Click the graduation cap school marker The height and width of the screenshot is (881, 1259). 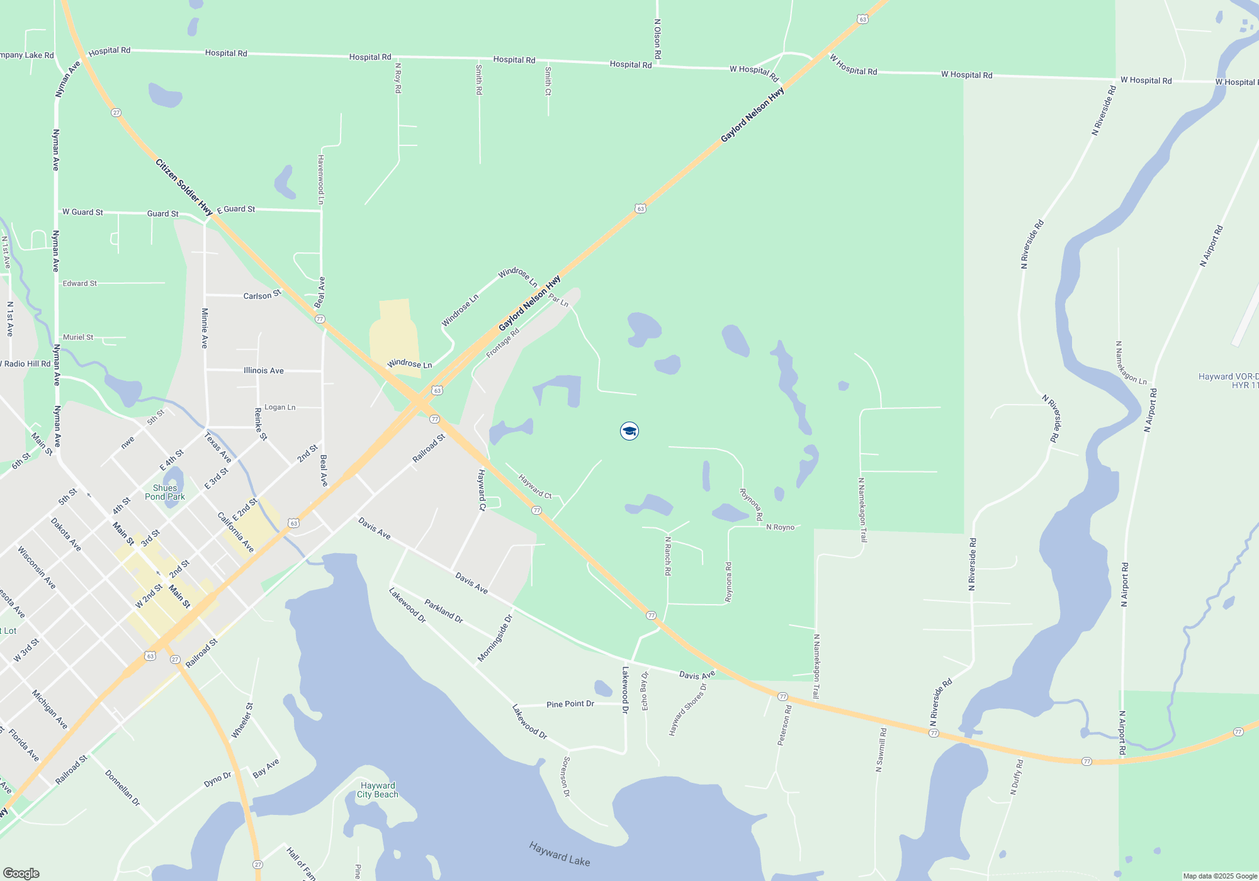[x=629, y=431]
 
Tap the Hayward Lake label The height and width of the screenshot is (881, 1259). [x=560, y=854]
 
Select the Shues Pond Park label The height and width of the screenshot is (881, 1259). [x=165, y=492]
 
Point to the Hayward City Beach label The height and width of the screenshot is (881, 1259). [x=378, y=790]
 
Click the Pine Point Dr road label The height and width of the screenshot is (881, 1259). [x=570, y=704]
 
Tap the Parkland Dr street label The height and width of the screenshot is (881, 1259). [x=444, y=611]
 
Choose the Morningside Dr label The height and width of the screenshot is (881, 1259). [x=495, y=638]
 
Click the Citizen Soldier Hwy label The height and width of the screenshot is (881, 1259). [x=184, y=188]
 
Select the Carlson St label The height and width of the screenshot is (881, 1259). [x=262, y=295]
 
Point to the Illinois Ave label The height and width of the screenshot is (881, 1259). [x=264, y=371]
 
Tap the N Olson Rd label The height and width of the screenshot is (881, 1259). [x=657, y=39]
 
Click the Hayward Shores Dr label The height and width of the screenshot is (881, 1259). [x=687, y=709]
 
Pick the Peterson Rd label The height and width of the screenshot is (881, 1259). [x=784, y=725]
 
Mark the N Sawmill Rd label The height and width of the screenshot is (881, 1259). [x=881, y=750]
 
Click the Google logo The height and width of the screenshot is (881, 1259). [x=21, y=873]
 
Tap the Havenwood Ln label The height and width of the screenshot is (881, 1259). [x=321, y=179]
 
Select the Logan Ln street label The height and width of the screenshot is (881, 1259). [x=280, y=407]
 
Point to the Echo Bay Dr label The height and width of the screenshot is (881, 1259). [x=645, y=691]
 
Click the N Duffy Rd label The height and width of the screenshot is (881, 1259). [x=1017, y=777]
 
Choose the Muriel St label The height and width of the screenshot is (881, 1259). [x=78, y=337]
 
